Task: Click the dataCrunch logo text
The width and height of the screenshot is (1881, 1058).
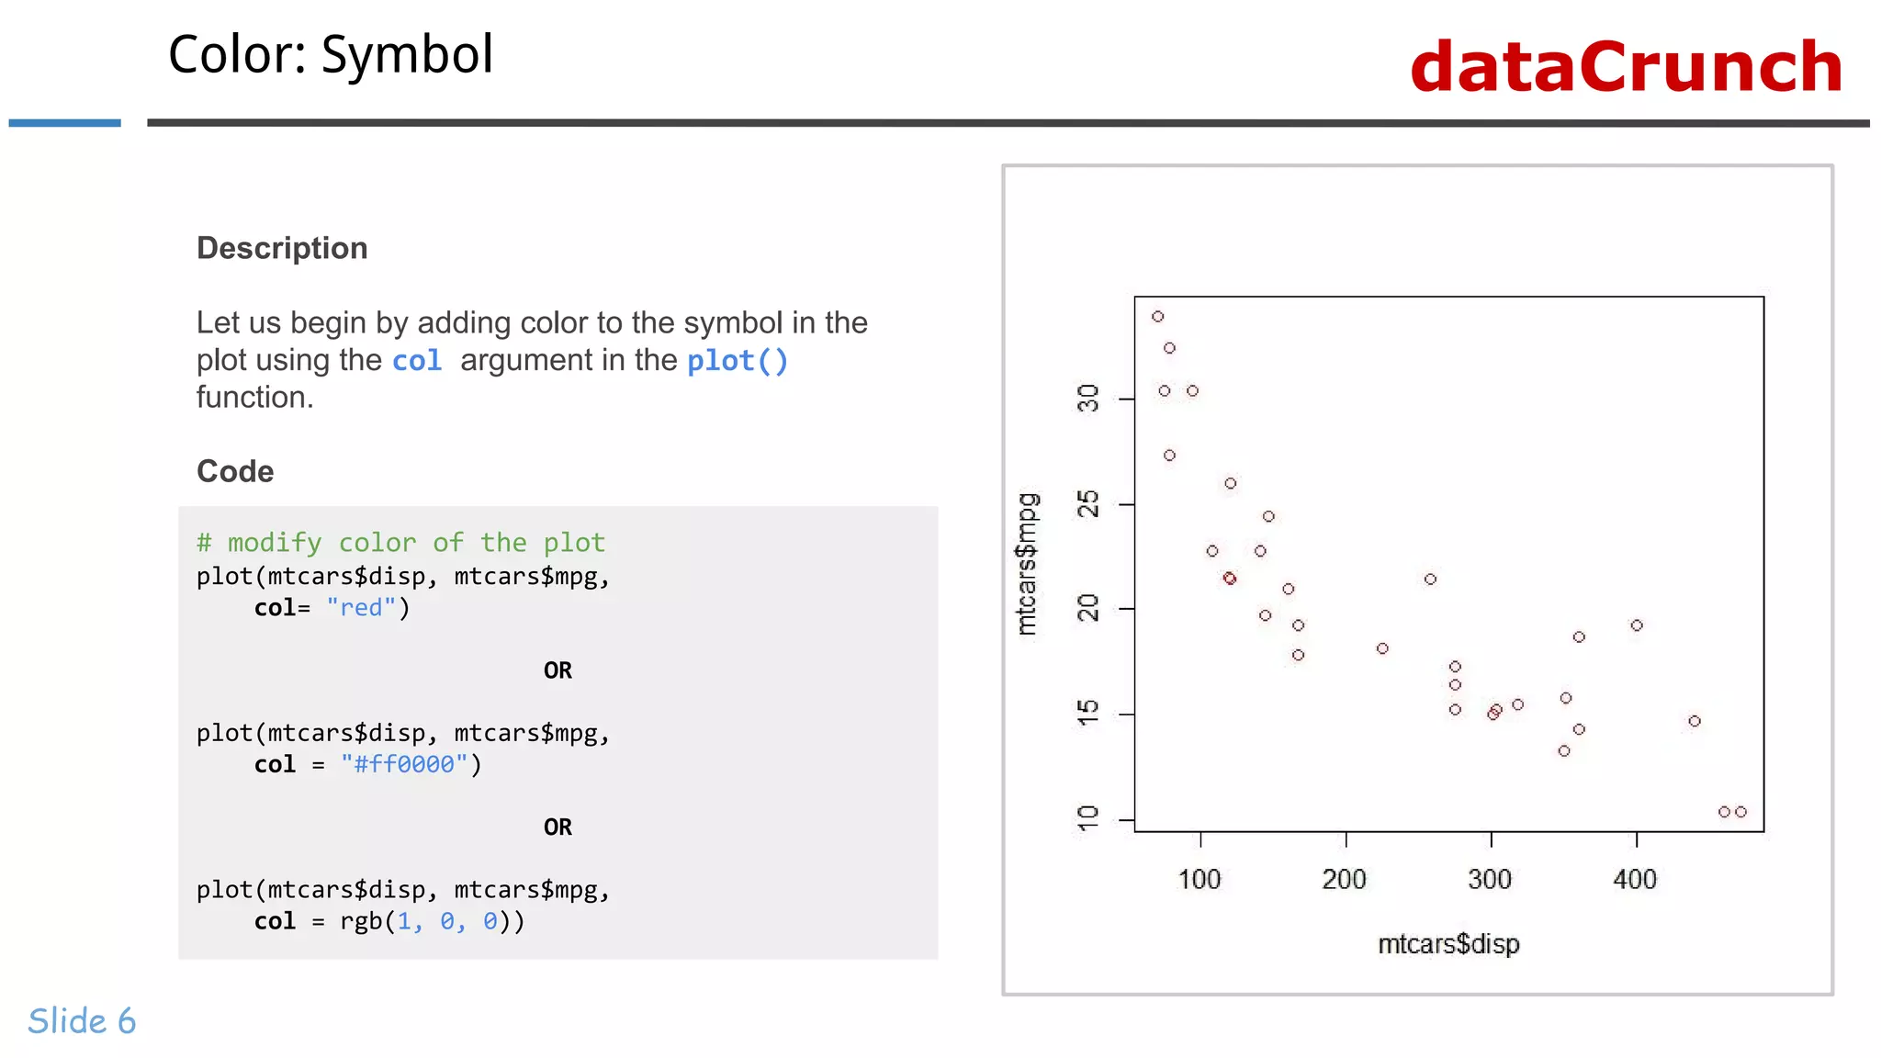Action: click(1626, 67)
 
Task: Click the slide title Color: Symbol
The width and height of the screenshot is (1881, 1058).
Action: click(331, 55)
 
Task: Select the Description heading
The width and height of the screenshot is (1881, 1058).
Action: click(282, 248)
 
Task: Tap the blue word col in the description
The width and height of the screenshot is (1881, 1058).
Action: click(417, 361)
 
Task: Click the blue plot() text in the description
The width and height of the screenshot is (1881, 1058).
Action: click(738, 361)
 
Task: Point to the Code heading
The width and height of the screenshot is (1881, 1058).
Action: click(235, 471)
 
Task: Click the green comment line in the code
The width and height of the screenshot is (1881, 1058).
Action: click(400, 543)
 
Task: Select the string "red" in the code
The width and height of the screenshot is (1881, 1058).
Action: click(361, 608)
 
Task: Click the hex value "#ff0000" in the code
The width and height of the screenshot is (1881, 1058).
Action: click(404, 764)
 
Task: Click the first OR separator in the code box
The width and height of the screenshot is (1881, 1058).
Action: click(558, 670)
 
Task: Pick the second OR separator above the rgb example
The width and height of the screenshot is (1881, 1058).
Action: click(558, 827)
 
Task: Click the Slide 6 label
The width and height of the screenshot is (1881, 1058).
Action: click(82, 1021)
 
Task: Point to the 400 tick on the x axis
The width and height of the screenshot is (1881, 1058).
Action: click(1635, 879)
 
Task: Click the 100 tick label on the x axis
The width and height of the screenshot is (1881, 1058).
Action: click(1200, 879)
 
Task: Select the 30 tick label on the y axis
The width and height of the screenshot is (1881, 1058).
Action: click(1087, 399)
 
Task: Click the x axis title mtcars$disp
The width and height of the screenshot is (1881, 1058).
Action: click(1448, 944)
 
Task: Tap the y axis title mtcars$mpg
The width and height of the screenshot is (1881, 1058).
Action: click(1027, 564)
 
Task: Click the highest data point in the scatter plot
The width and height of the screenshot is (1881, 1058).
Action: click(1158, 317)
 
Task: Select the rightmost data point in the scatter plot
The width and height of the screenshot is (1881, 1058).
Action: click(1740, 812)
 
